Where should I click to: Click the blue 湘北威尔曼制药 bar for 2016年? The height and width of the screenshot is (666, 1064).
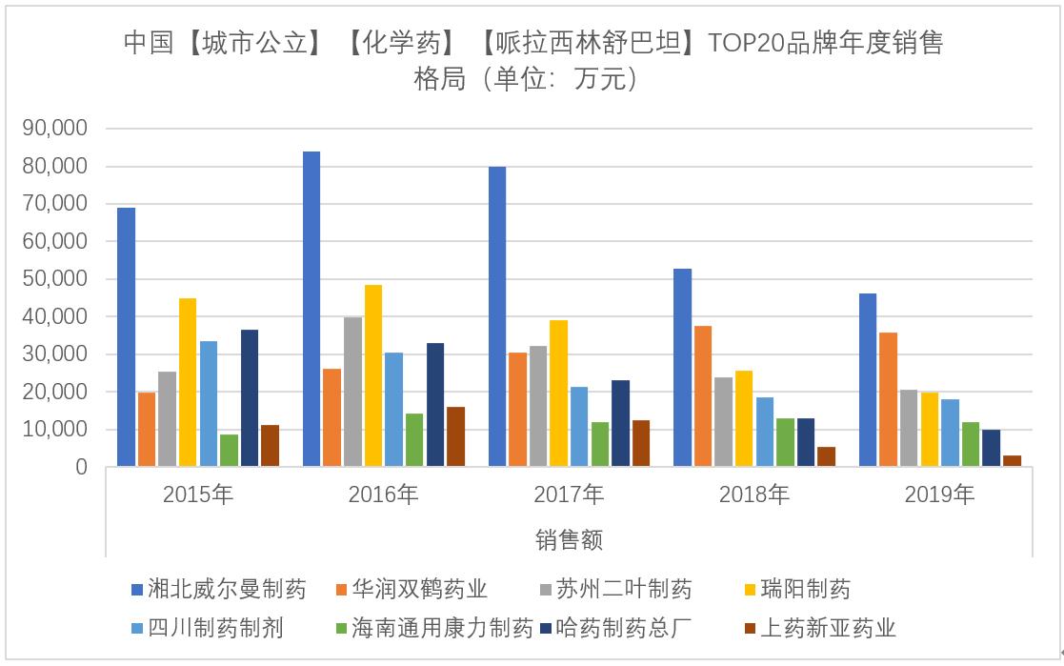pyautogui.click(x=311, y=309)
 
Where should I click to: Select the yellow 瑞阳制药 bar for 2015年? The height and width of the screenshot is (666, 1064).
pyautogui.click(x=188, y=383)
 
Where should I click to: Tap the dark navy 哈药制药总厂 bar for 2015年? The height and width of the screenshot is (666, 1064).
pyautogui.click(x=250, y=398)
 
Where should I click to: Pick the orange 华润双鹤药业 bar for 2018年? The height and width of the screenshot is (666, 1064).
pyautogui.click(x=703, y=396)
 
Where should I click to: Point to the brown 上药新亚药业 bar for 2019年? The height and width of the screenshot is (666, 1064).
pyautogui.click(x=1012, y=461)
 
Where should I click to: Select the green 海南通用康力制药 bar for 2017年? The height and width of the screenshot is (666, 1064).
pyautogui.click(x=600, y=444)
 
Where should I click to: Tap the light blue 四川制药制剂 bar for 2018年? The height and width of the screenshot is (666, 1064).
pyautogui.click(x=765, y=432)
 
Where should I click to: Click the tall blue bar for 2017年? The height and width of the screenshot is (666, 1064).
pyautogui.click(x=496, y=316)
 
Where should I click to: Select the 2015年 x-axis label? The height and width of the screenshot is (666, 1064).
pyautogui.click(x=198, y=494)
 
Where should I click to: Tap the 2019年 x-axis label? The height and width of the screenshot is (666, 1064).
pyautogui.click(x=939, y=494)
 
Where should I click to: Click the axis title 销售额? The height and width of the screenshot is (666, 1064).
pyautogui.click(x=569, y=540)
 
